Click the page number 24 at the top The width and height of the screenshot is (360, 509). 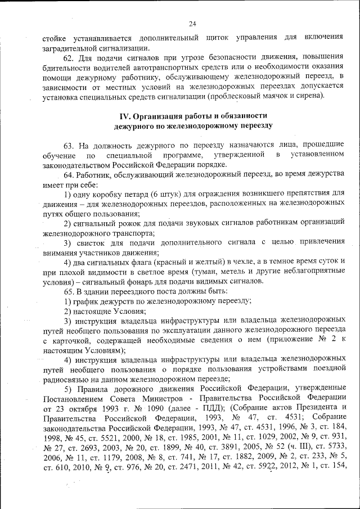coord(192,24)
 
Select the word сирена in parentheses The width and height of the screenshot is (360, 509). coord(311,94)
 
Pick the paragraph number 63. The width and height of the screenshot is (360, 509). coord(68,145)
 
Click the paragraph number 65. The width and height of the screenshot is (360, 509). coord(68,291)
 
